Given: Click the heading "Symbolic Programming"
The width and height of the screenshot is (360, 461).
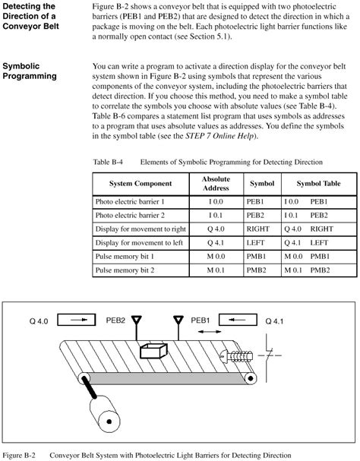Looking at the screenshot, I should pos(30,71).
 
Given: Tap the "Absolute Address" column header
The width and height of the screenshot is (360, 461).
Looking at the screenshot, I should pos(216,185).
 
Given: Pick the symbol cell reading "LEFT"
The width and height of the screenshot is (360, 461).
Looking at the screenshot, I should pos(257,242).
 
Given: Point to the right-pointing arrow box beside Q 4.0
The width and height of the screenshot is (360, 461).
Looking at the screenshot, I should pos(79,322).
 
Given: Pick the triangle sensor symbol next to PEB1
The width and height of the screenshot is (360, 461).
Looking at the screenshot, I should pos(179,322).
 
